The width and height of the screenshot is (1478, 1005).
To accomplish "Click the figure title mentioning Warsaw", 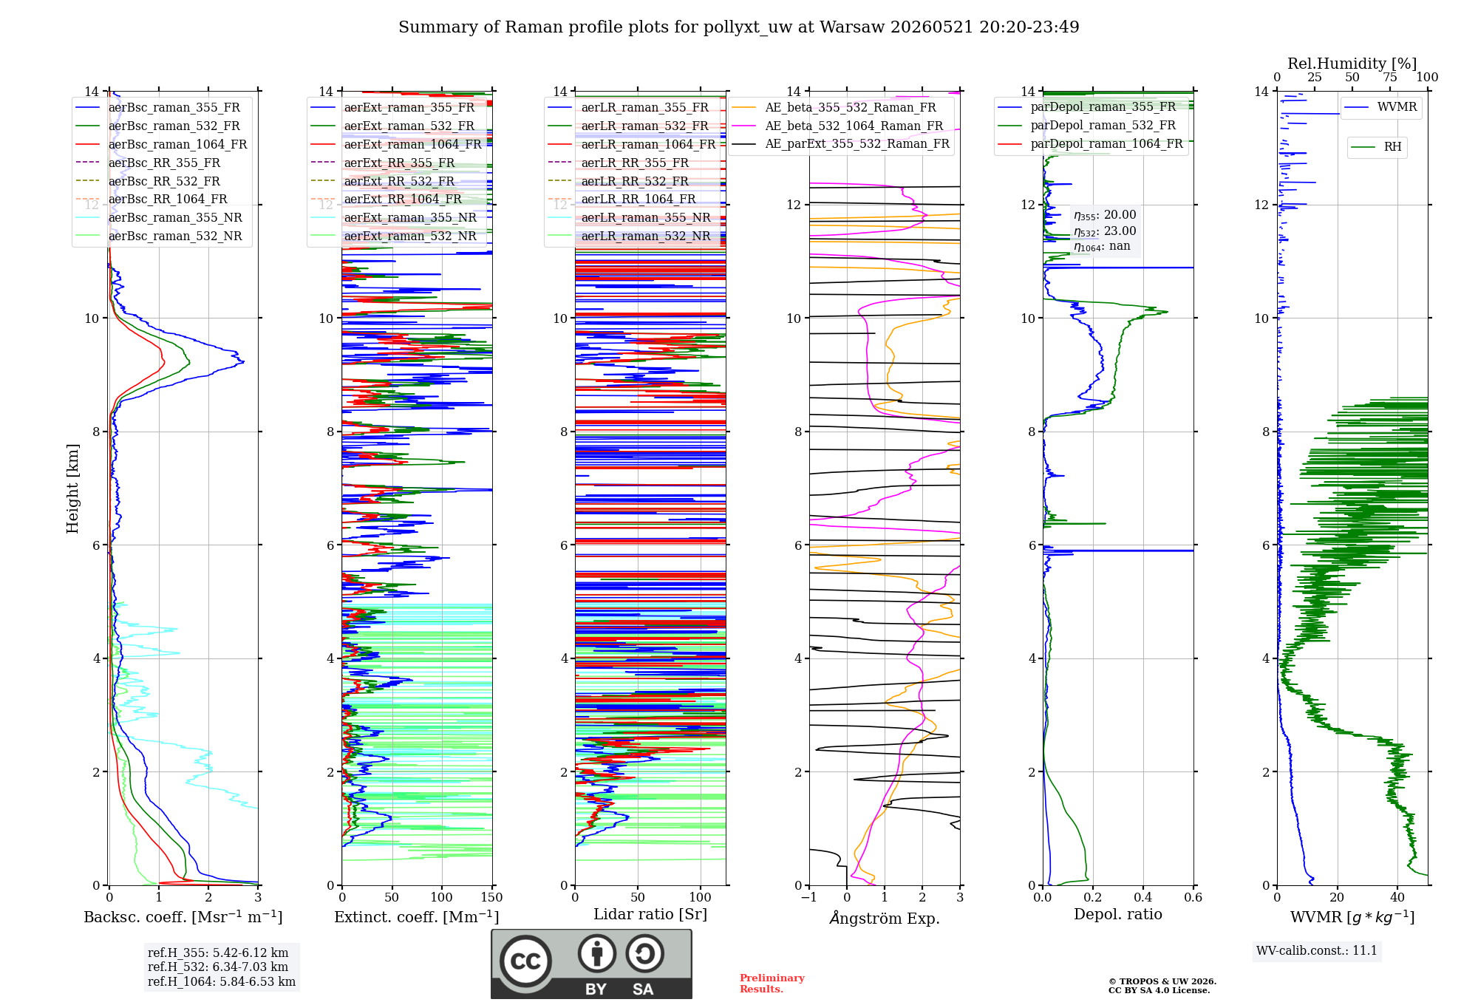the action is pos(738,27).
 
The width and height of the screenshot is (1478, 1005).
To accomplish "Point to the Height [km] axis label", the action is pos(72,488).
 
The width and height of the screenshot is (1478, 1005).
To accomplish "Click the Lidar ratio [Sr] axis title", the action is pos(650,914).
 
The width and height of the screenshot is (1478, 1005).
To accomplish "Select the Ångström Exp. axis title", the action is pos(885,918).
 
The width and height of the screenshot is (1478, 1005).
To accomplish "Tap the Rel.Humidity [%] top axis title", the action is pos(1352,64).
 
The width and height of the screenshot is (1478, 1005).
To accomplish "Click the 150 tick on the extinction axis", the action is pos(492,898).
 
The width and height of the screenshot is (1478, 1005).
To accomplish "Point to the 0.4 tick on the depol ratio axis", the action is pos(1143,898).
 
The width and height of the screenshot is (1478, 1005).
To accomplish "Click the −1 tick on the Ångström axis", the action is pos(808,898).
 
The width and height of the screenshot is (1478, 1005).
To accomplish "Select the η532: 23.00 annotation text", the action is pos(1105,231).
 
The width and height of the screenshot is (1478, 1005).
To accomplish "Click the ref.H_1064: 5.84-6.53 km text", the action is pos(222,981).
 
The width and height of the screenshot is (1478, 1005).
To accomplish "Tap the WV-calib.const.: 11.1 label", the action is pos(1317,950).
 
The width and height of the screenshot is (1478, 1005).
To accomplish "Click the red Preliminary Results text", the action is pos(772,984).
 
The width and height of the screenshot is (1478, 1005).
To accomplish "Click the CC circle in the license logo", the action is pos(525,961).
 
